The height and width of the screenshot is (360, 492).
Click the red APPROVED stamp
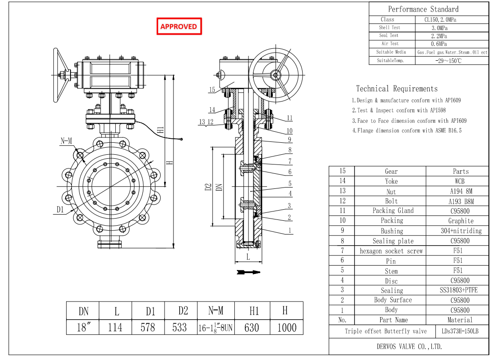tap(179, 27)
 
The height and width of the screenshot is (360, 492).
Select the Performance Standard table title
tap(423, 9)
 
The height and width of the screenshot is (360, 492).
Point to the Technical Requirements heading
tap(397, 89)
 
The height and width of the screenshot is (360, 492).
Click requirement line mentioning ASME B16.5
tap(407, 130)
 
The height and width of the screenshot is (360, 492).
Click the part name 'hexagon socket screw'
tap(391, 251)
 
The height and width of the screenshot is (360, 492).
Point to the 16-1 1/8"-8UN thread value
tap(215, 328)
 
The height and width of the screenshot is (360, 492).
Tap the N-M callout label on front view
tap(66, 141)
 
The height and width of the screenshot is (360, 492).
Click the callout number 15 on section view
tap(212, 90)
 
